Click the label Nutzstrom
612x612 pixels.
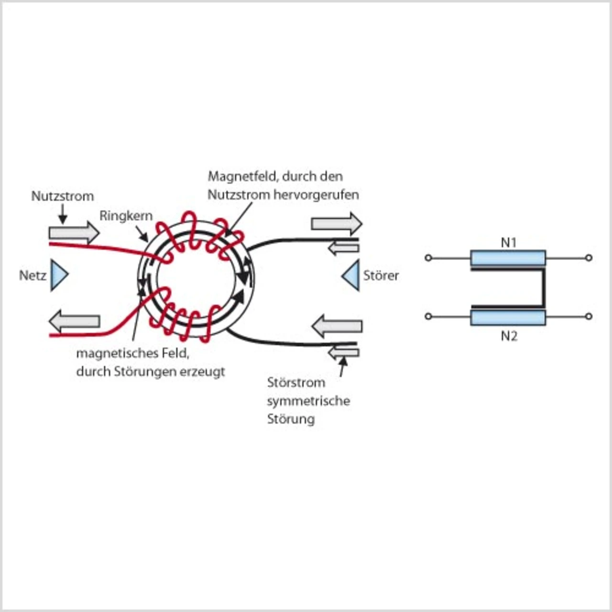tap(63, 197)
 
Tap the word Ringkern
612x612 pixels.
tap(126, 216)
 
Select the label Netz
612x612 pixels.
tap(33, 276)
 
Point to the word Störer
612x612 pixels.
tap(381, 276)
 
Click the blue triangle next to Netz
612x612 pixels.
tap(58, 275)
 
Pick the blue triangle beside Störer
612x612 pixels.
tap(351, 275)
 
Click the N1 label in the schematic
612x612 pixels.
tap(509, 243)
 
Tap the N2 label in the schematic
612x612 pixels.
tap(509, 336)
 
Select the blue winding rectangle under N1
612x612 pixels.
tap(508, 258)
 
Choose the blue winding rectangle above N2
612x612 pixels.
tap(508, 317)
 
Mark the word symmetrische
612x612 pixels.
tap(308, 401)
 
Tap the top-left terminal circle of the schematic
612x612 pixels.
tap(428, 258)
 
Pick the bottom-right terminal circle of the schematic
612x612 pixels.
tap(589, 317)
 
